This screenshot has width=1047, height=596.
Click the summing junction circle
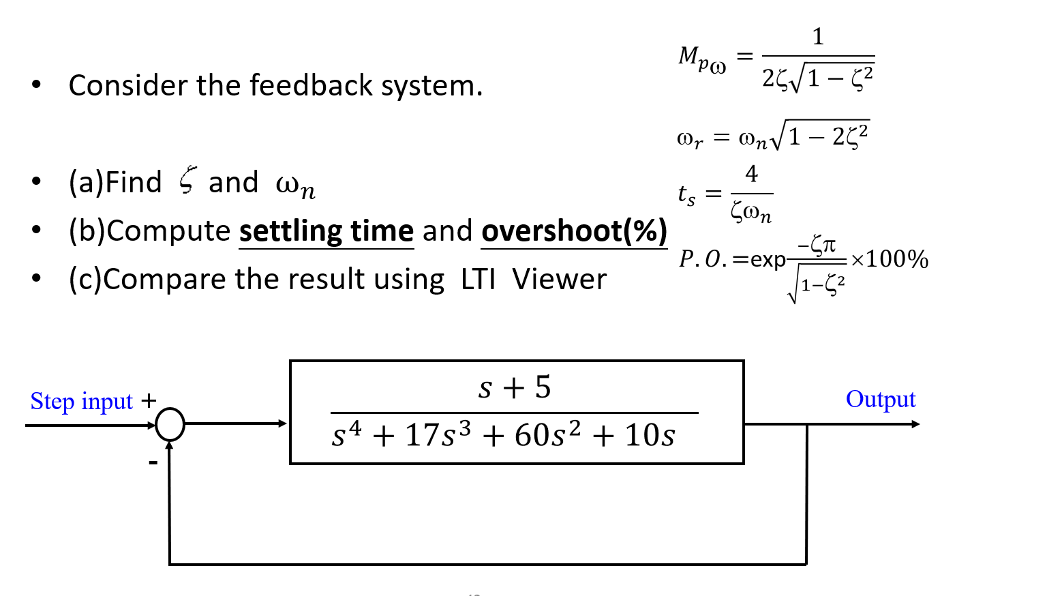pos(170,424)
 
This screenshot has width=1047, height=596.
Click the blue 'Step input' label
pos(81,402)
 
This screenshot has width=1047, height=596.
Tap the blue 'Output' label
pos(881,400)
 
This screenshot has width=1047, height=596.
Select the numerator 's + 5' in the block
pos(515,387)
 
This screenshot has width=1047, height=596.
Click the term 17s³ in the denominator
pos(438,434)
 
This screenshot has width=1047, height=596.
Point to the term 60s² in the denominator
pos(547,434)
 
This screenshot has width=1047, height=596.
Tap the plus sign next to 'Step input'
pos(149,400)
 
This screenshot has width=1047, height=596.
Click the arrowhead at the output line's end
pos(915,424)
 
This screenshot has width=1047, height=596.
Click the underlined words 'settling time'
pos(327,231)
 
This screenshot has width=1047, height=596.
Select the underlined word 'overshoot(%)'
pos(574,231)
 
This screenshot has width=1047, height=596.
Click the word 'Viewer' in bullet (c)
pos(559,280)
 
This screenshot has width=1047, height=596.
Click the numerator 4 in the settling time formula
pos(751,175)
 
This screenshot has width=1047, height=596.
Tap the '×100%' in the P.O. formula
pos(890,259)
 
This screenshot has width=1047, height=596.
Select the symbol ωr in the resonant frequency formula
pos(689,139)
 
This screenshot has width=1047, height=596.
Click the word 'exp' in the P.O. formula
pos(768,260)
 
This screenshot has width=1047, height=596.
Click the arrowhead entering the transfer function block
pos(283,424)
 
